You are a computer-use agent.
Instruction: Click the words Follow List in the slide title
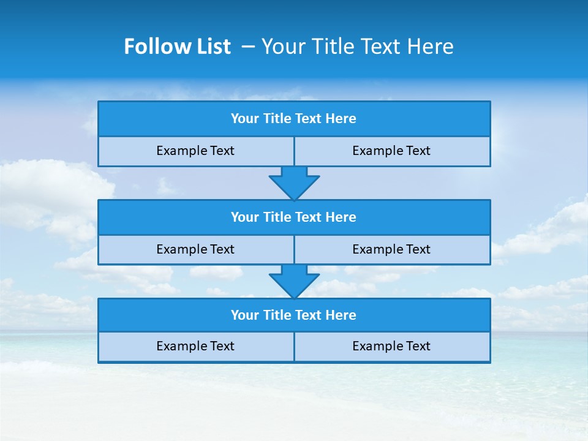(177, 47)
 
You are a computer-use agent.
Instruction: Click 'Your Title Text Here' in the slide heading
(357, 47)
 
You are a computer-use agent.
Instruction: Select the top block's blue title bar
(294, 119)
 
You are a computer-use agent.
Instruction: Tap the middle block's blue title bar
(294, 217)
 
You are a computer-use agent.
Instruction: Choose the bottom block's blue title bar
(294, 315)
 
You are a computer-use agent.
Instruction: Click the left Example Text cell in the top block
(195, 151)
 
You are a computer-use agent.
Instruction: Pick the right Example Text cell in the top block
(391, 151)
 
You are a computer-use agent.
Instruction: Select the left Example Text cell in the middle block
(195, 250)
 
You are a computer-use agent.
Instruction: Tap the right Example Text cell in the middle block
(391, 250)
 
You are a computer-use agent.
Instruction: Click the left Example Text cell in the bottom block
(195, 347)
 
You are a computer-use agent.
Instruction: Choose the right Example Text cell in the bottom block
(391, 347)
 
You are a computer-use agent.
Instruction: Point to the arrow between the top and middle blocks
(294, 182)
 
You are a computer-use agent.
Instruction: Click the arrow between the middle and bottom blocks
(294, 281)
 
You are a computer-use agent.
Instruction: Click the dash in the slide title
(248, 47)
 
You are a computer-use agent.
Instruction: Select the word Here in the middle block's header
(341, 217)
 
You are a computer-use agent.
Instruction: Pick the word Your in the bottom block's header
(245, 315)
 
